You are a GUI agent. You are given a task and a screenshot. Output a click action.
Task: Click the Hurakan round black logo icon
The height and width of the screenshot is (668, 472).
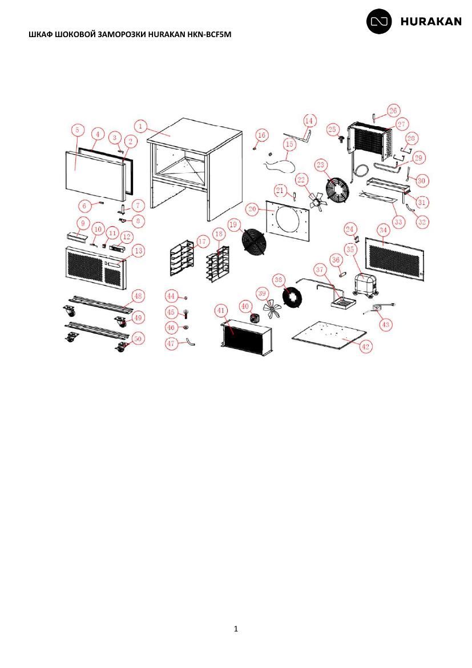click(x=379, y=21)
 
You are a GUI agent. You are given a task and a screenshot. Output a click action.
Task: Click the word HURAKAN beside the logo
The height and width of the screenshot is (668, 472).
click(x=431, y=22)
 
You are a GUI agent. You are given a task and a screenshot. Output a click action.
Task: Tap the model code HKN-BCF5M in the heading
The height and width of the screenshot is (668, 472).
click(x=209, y=34)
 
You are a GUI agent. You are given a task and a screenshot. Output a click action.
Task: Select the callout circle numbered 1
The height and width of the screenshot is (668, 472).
click(x=140, y=127)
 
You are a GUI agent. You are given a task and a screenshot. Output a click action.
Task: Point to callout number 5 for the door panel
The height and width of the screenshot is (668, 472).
click(x=77, y=130)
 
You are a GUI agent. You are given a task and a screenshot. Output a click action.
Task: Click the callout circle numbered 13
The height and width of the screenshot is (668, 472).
click(x=139, y=251)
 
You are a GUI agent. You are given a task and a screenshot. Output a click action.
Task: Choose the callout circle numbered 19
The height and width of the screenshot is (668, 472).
click(x=233, y=224)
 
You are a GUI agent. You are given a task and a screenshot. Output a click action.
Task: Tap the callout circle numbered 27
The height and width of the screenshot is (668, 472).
click(x=401, y=124)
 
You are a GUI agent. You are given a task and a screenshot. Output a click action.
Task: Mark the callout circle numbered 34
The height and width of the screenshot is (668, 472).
click(x=384, y=231)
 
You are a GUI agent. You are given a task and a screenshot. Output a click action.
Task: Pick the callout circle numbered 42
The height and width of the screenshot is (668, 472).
click(x=365, y=347)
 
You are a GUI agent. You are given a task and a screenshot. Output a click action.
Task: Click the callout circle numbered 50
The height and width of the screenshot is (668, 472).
click(x=138, y=339)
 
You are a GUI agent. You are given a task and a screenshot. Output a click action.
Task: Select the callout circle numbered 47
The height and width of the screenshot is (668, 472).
click(x=171, y=343)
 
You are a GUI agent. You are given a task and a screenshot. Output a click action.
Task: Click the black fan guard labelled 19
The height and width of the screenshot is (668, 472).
click(x=252, y=242)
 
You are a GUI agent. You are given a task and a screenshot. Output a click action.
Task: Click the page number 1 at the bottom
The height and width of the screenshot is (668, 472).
click(x=236, y=629)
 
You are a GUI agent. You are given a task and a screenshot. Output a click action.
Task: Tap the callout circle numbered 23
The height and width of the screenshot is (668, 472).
click(x=321, y=165)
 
